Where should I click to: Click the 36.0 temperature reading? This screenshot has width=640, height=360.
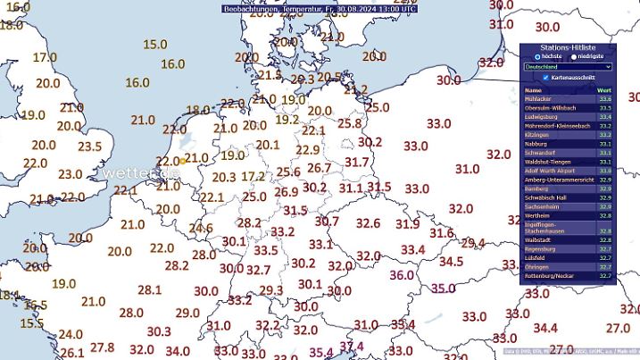coord(402,275)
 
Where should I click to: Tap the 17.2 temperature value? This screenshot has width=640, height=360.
coord(254,177)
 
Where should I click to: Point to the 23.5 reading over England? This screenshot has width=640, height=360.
coord(89,147)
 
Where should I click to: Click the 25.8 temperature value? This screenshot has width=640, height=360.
coord(349,123)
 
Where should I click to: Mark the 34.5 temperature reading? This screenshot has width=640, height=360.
coord(451,262)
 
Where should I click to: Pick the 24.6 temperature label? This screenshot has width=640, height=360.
coord(200,228)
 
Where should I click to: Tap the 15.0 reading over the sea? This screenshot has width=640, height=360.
coord(155,44)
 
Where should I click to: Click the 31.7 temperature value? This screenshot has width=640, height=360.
coord(356,162)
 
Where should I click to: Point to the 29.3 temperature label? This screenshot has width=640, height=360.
coord(270,290)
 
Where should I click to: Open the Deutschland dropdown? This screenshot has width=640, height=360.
coord(568,66)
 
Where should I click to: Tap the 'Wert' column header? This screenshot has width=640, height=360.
coord(603,90)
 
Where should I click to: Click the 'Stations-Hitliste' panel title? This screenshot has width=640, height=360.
coord(568,46)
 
